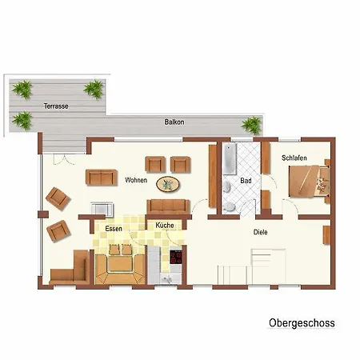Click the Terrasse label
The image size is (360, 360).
(56, 106)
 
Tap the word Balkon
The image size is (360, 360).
(174, 122)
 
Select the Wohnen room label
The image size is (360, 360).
(136, 180)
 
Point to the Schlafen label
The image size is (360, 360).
(294, 158)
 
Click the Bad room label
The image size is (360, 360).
(246, 181)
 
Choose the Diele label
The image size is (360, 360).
(260, 232)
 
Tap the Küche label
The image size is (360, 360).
(165, 226)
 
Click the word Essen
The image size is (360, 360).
(114, 229)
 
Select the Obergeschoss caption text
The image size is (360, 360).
(302, 323)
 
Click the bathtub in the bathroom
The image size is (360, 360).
(230, 159)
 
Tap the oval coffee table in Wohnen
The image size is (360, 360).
(168, 184)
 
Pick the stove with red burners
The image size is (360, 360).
(176, 257)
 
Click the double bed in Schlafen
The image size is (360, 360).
(310, 182)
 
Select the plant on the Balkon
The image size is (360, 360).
(252, 125)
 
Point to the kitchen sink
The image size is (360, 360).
(168, 279)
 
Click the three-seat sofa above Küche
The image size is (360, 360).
(168, 206)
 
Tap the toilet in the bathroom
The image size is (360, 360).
(229, 206)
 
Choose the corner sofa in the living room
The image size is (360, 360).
(70, 267)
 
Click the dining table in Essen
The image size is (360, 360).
(120, 263)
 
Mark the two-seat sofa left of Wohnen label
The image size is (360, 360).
(102, 177)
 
